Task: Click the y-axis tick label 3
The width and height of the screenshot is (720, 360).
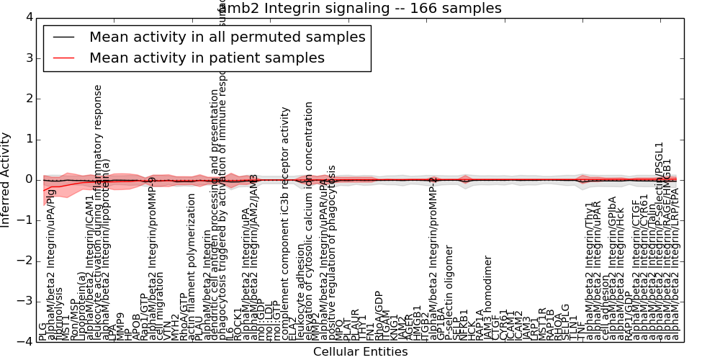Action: [27, 58]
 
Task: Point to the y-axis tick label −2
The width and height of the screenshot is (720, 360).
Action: [24, 261]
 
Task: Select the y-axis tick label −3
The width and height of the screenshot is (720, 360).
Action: [24, 302]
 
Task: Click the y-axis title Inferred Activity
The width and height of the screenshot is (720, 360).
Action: [6, 179]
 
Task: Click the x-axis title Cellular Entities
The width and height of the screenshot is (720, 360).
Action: [360, 352]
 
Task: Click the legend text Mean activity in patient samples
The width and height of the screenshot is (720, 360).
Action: [207, 58]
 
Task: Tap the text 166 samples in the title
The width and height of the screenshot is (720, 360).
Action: [454, 9]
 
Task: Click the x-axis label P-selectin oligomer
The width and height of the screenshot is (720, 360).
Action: [449, 292]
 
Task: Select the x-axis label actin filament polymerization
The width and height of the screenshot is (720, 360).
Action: [192, 266]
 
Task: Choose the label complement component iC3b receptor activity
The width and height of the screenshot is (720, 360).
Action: [285, 223]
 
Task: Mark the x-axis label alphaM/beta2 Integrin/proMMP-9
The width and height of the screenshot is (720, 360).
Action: [153, 258]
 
